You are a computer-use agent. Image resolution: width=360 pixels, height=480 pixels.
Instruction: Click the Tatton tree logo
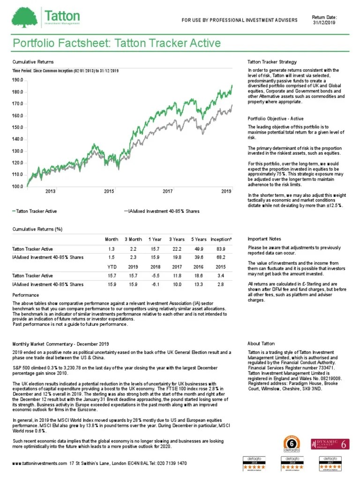[25, 17]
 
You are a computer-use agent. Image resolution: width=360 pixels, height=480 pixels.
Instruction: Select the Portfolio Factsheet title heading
[116, 44]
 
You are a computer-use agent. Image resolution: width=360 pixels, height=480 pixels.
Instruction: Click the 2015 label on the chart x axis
[109, 191]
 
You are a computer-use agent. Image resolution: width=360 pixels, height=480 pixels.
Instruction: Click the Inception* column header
[222, 240]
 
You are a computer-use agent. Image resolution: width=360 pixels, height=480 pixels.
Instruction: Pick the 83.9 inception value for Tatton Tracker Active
[221, 249]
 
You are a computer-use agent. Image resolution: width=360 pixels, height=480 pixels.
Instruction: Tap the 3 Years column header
[177, 240]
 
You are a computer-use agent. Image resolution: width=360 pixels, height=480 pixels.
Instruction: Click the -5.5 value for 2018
[155, 276]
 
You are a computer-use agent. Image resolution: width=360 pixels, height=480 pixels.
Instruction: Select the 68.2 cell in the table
[221, 257]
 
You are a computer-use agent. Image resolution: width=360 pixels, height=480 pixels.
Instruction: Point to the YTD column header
[111, 267]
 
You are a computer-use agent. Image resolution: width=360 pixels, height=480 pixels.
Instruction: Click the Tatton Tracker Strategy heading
[272, 62]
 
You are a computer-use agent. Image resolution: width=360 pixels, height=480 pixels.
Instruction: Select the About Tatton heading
[261, 344]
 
